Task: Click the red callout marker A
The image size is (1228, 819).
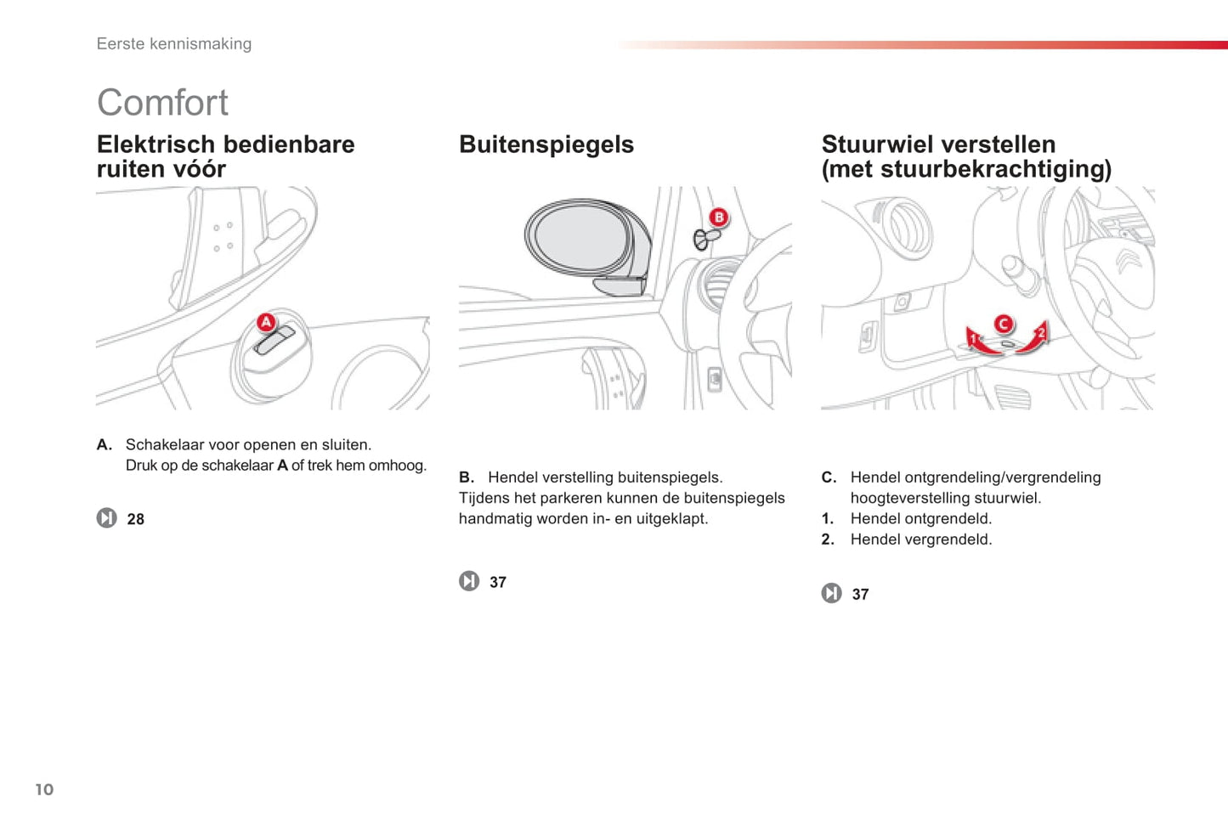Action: click(267, 322)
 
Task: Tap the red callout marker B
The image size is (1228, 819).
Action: click(719, 217)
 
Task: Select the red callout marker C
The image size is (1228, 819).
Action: click(1004, 324)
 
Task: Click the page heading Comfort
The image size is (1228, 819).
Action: click(162, 103)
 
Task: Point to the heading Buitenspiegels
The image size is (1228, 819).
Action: click(546, 144)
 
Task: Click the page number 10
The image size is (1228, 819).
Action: click(44, 789)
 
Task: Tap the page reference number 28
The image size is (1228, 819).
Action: click(136, 519)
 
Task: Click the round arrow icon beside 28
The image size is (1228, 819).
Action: click(106, 517)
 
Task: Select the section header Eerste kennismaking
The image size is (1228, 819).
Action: click(174, 43)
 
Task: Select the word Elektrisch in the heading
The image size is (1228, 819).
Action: click(156, 144)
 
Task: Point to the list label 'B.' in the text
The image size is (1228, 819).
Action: click(467, 477)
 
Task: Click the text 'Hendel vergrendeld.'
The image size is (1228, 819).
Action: click(921, 539)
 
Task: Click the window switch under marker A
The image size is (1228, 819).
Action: click(274, 341)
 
